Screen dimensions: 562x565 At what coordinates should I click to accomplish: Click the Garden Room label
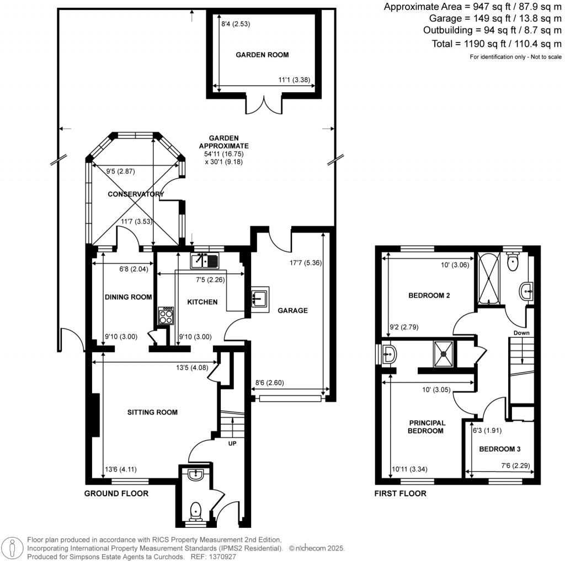click(262, 55)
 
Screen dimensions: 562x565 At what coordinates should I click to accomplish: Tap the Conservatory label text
click(136, 194)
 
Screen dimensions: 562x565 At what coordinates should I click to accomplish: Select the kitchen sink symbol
click(205, 259)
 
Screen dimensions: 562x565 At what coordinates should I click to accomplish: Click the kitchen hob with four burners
click(166, 316)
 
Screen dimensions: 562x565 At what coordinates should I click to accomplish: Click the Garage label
click(292, 311)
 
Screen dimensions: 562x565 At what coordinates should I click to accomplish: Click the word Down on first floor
click(521, 333)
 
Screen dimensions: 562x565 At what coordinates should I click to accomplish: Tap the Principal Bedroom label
click(427, 427)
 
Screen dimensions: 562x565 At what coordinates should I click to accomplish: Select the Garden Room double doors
click(264, 104)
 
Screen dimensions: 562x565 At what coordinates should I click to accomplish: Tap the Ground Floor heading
click(116, 494)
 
